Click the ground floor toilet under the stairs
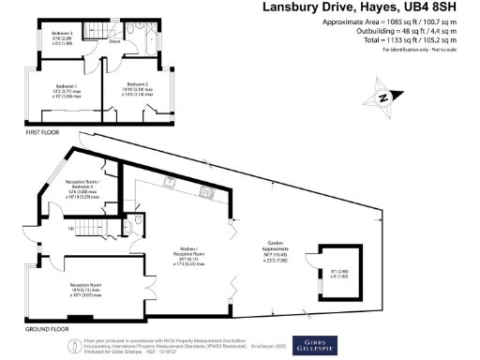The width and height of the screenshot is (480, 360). (137, 226)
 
